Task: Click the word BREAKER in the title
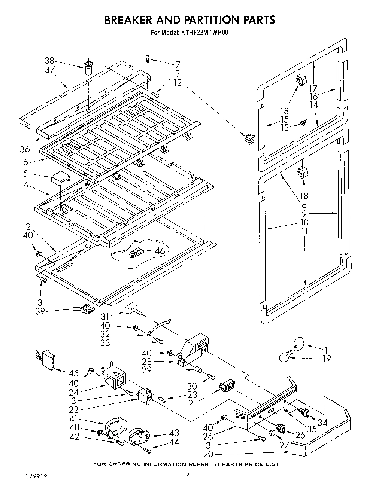[137, 20]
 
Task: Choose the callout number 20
[208, 454]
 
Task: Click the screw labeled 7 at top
[148, 58]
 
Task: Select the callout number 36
[25, 150]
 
